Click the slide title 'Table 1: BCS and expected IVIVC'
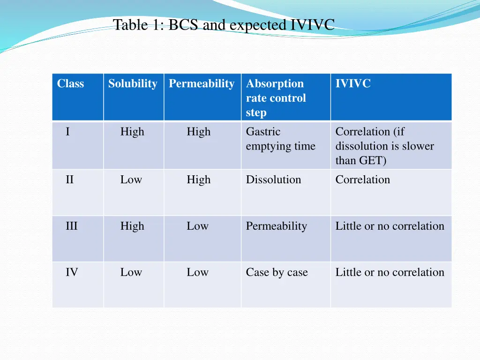click(x=224, y=24)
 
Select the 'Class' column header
click(x=70, y=84)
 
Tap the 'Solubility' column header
click(x=133, y=84)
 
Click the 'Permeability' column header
click(x=202, y=84)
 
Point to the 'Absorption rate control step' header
click(x=276, y=98)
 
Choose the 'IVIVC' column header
click(x=353, y=84)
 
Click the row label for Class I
click(x=68, y=132)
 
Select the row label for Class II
click(x=69, y=180)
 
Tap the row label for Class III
click(x=71, y=226)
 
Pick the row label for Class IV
click(x=71, y=272)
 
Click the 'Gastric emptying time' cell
click(x=280, y=139)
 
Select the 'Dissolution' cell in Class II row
click(x=273, y=180)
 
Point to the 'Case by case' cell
click(x=277, y=272)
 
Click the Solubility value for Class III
click(x=132, y=226)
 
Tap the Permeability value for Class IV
click(x=197, y=272)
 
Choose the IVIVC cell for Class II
click(x=362, y=180)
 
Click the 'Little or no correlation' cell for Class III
click(x=390, y=226)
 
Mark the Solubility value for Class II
click(x=131, y=180)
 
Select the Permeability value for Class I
click(x=198, y=132)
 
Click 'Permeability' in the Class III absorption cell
click(x=276, y=226)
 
